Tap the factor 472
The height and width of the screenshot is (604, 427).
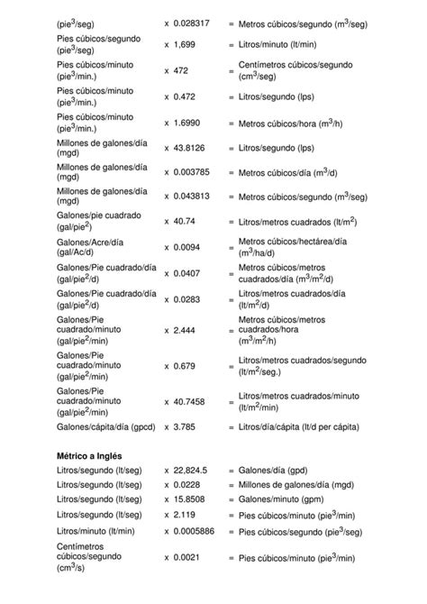181,70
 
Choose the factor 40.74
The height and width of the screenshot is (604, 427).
184,221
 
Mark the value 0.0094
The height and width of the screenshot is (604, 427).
186,247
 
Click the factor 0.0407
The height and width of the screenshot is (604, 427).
186,273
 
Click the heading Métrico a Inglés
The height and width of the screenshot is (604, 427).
89,457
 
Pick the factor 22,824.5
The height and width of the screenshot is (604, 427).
190,471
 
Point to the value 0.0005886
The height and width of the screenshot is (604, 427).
195,533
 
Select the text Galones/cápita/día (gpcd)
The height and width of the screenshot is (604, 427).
101,426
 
